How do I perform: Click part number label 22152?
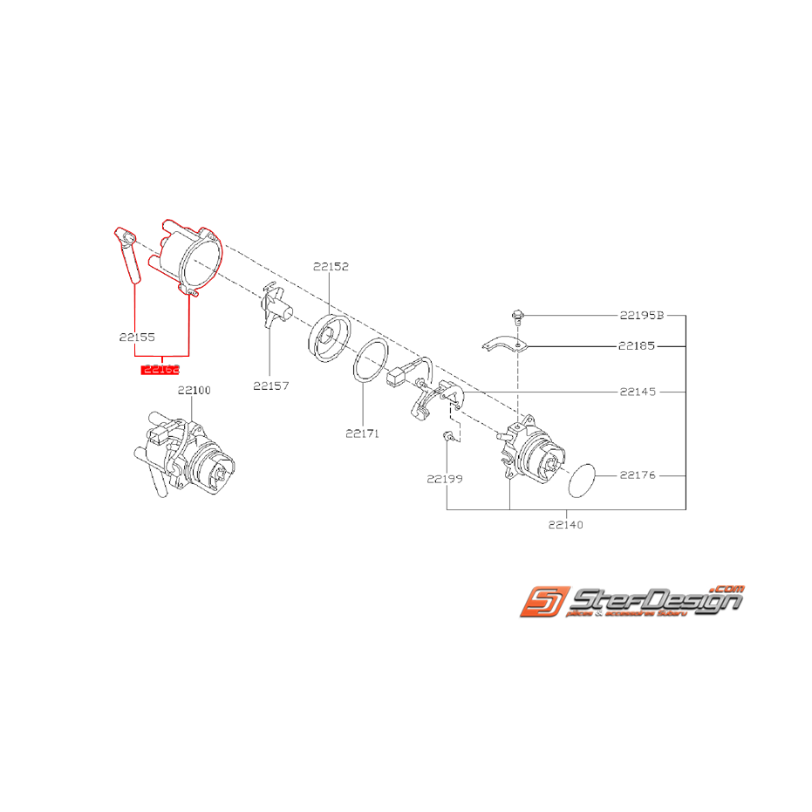331,267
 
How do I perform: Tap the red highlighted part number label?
160,370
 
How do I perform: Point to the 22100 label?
194,390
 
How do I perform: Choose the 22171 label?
362,432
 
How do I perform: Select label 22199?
444,478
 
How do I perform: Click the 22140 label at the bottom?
566,525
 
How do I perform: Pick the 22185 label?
638,345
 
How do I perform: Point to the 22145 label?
638,392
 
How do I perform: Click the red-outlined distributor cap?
188,256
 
